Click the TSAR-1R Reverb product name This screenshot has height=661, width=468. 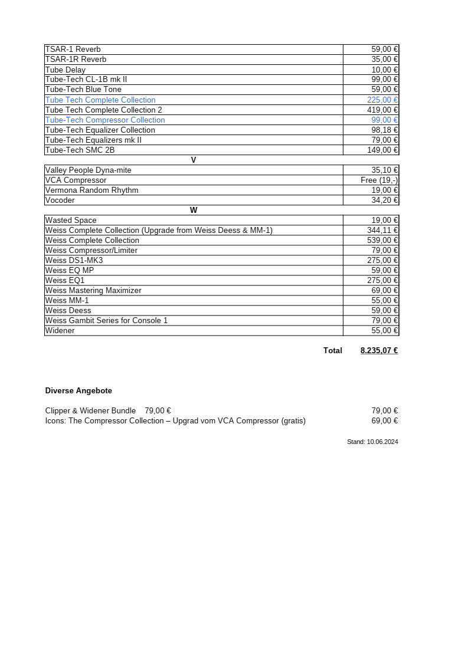point(76,60)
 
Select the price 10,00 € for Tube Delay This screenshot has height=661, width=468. point(384,70)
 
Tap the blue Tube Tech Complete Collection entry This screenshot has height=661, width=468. point(100,100)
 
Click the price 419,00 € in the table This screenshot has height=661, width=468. point(382,110)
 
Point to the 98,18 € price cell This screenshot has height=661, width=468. point(384,130)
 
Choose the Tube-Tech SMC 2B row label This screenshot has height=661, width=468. point(80,150)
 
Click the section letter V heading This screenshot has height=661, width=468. point(194,160)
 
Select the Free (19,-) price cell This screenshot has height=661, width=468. point(379,180)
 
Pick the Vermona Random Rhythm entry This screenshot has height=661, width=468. point(91,190)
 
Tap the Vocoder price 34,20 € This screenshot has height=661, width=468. point(384,200)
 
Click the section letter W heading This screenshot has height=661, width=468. point(194,211)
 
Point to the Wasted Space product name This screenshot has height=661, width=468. point(71,221)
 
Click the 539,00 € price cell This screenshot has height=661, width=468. point(382,241)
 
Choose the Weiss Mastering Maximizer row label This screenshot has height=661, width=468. point(93,291)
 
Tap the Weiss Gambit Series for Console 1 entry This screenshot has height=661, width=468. point(106,321)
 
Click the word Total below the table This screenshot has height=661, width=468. point(333,351)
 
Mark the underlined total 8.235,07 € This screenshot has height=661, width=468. point(379,351)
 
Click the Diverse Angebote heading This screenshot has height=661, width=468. point(78,391)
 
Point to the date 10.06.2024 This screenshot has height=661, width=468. point(382,442)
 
